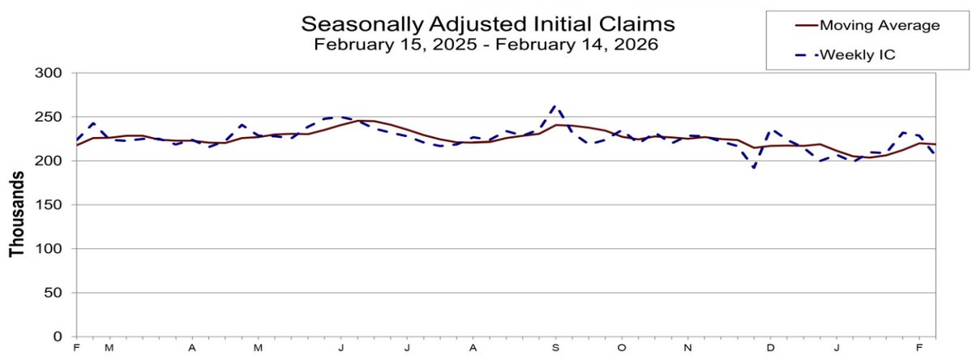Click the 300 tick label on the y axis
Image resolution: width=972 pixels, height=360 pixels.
[52, 74]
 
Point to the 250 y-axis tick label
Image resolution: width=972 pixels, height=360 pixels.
[52, 118]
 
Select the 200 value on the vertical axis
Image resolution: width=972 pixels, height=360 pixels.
[52, 161]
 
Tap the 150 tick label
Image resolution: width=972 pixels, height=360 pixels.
[52, 205]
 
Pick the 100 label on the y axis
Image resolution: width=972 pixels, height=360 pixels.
[52, 249]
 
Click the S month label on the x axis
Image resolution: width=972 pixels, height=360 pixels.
[555, 348]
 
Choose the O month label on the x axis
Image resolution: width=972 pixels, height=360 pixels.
[621, 348]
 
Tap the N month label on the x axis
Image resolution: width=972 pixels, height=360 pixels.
[687, 348]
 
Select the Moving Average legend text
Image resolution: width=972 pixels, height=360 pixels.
[879, 25]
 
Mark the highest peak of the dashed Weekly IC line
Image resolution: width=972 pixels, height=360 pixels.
[554, 105]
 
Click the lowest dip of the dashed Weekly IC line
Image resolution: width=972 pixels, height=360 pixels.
[754, 168]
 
